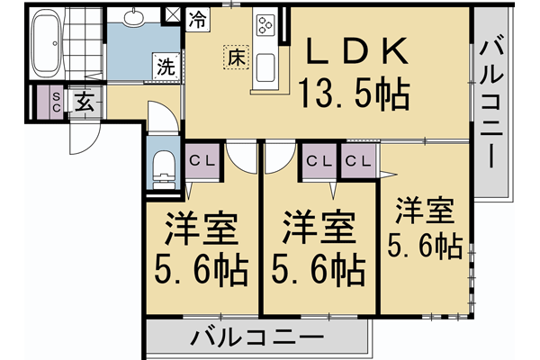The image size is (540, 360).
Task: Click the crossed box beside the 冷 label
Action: [x=174, y=15]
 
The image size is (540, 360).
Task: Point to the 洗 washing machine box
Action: [x=166, y=66]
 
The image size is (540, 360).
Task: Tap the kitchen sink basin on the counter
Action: [x=267, y=67]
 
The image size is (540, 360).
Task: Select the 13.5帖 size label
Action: [x=355, y=92]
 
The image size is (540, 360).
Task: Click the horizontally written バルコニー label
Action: [x=257, y=340]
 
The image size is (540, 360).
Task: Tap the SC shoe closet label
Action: [x=55, y=101]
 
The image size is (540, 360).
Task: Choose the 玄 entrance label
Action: [x=84, y=101]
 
